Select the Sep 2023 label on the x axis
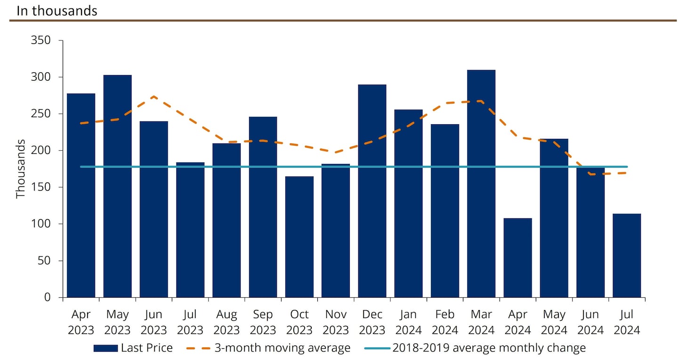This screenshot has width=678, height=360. pos(263,322)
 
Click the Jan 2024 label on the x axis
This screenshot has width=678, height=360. pos(408,322)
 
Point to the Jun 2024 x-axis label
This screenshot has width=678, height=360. pos(590,322)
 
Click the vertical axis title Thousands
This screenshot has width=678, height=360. pos(21,168)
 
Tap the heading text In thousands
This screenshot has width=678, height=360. pos(57,11)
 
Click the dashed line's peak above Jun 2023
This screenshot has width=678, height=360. pos(154,97)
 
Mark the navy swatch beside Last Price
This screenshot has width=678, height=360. pos(105,348)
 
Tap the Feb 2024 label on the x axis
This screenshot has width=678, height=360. pos(445,322)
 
